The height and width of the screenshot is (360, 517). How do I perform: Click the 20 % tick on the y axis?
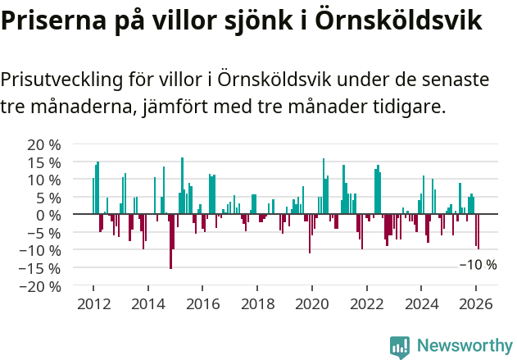[x=44, y=144]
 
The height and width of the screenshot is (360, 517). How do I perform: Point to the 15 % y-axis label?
[x=44, y=162]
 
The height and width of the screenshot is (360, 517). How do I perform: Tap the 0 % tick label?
[x=48, y=215]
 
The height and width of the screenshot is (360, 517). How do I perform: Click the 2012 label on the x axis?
[x=93, y=303]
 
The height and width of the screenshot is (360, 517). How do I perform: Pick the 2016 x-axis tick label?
[x=202, y=303]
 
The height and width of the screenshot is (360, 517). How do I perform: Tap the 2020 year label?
[x=312, y=303]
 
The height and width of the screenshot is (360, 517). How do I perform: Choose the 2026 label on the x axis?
[x=476, y=303]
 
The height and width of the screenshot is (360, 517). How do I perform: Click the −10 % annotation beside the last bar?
[x=478, y=265]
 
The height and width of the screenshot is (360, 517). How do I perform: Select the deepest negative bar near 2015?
[x=170, y=241]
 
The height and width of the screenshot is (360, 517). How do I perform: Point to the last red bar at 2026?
[x=478, y=231]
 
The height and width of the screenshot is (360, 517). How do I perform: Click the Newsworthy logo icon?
[x=400, y=346]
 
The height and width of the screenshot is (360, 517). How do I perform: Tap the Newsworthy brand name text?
[x=465, y=346]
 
